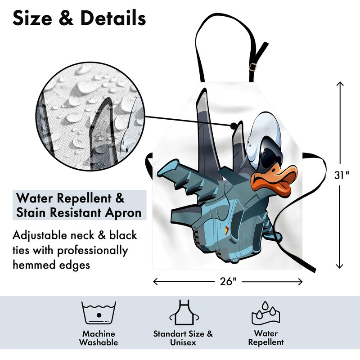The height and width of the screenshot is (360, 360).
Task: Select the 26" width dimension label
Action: (228, 282)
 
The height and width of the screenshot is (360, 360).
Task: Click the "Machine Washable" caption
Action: (99, 338)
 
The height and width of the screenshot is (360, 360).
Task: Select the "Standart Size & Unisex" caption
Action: (183, 338)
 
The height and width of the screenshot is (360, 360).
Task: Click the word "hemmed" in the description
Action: (36, 265)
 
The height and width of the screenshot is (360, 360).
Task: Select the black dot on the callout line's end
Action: (234, 125)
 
